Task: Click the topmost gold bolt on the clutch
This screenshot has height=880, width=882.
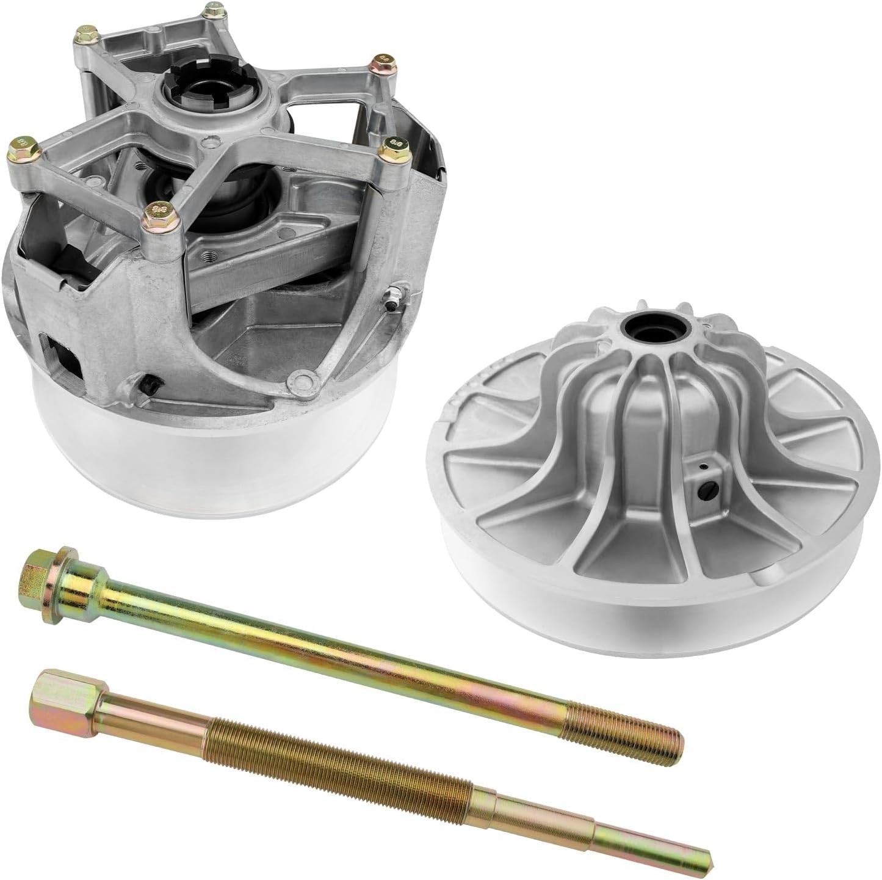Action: tap(230, 12)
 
